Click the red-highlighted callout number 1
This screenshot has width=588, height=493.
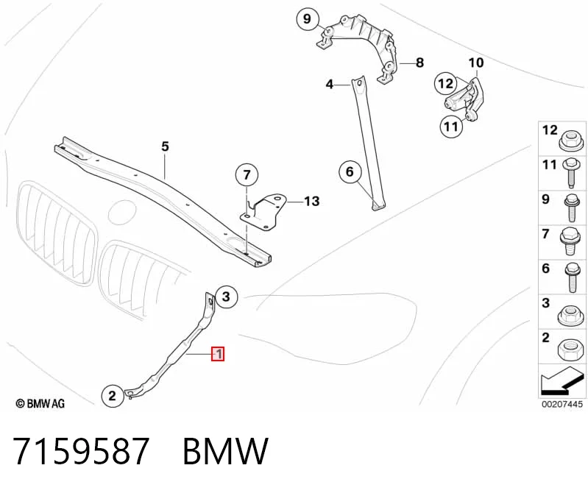[218, 354]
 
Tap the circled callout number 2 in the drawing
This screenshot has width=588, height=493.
[112, 396]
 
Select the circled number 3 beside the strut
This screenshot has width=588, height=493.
[226, 297]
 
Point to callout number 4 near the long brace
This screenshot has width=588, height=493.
[329, 85]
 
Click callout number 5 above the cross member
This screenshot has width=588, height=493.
[165, 146]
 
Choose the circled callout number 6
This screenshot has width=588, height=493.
[350, 171]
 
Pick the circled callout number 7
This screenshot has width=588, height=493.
[247, 174]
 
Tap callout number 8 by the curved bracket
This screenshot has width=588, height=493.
[419, 63]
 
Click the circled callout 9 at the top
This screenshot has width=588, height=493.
[307, 18]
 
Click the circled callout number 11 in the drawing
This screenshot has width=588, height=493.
[450, 127]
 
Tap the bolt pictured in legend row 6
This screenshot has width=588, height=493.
[572, 277]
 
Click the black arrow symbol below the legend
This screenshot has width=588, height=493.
[562, 381]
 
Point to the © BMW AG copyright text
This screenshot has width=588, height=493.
[40, 403]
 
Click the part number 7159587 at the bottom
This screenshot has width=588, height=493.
[82, 451]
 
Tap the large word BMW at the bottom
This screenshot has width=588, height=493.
[225, 451]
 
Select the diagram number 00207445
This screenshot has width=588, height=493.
[562, 404]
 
